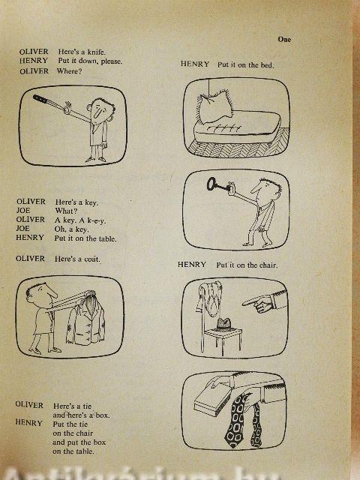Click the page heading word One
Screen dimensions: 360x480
[284, 39]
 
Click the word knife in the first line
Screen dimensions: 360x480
[96, 52]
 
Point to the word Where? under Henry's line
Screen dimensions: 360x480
[69, 71]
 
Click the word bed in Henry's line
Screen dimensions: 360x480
[267, 65]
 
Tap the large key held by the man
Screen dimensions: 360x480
[217, 185]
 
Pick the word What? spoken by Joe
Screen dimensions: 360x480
[66, 211]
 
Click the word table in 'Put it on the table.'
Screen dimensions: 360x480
[107, 238]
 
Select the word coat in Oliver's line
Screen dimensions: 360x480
[91, 259]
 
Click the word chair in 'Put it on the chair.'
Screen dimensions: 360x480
[268, 265]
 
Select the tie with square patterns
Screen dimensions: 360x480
[235, 420]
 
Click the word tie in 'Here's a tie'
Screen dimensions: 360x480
[87, 406]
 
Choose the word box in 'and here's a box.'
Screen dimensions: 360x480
[103, 415]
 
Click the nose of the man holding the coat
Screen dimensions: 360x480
[51, 293]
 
